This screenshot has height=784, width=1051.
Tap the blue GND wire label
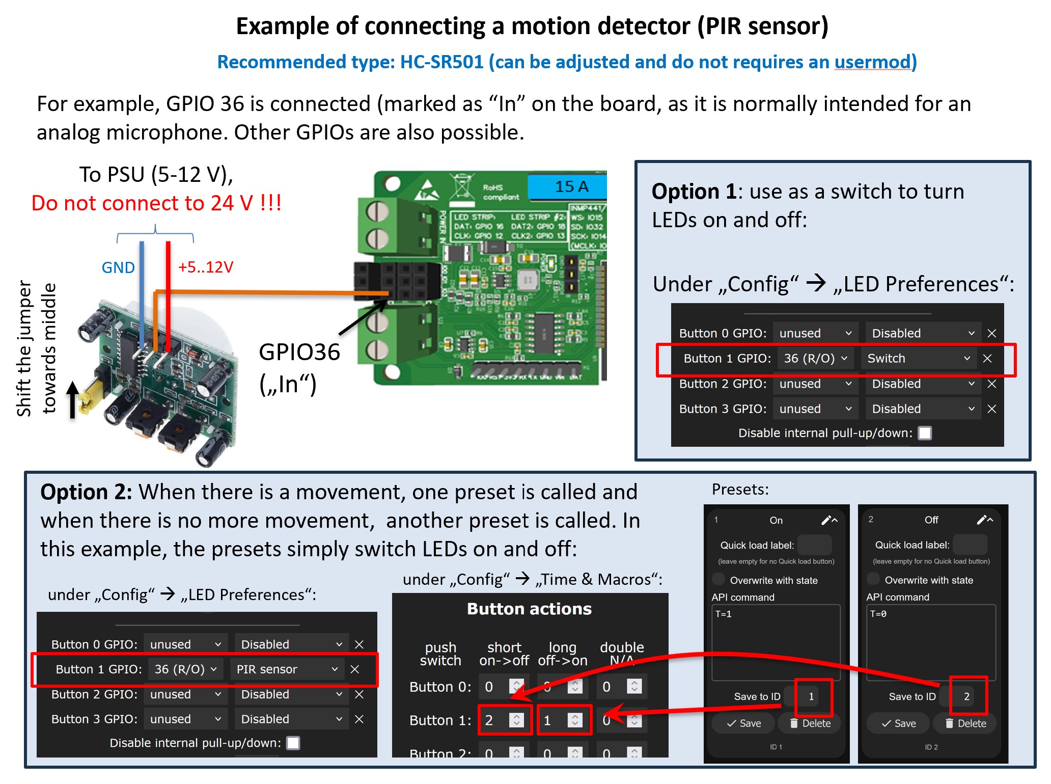(118, 267)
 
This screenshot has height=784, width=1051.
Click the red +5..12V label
(206, 267)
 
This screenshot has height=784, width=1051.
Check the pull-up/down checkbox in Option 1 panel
(925, 433)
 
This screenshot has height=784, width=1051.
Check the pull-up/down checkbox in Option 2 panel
(293, 743)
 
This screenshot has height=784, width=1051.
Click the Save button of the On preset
(744, 723)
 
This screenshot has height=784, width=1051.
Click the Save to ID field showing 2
(966, 696)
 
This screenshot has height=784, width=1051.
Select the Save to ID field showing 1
(811, 696)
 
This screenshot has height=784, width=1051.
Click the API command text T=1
(724, 614)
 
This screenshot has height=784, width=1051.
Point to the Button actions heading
(530, 609)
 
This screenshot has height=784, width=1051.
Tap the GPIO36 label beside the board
(299, 352)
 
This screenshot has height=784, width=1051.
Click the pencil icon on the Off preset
(981, 520)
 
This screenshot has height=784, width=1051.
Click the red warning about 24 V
(156, 203)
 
